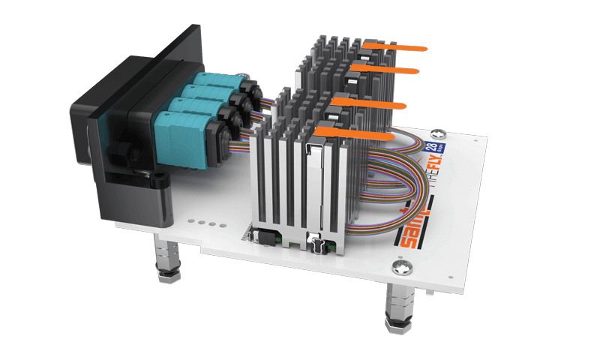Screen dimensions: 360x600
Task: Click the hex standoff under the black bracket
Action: [167, 258]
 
